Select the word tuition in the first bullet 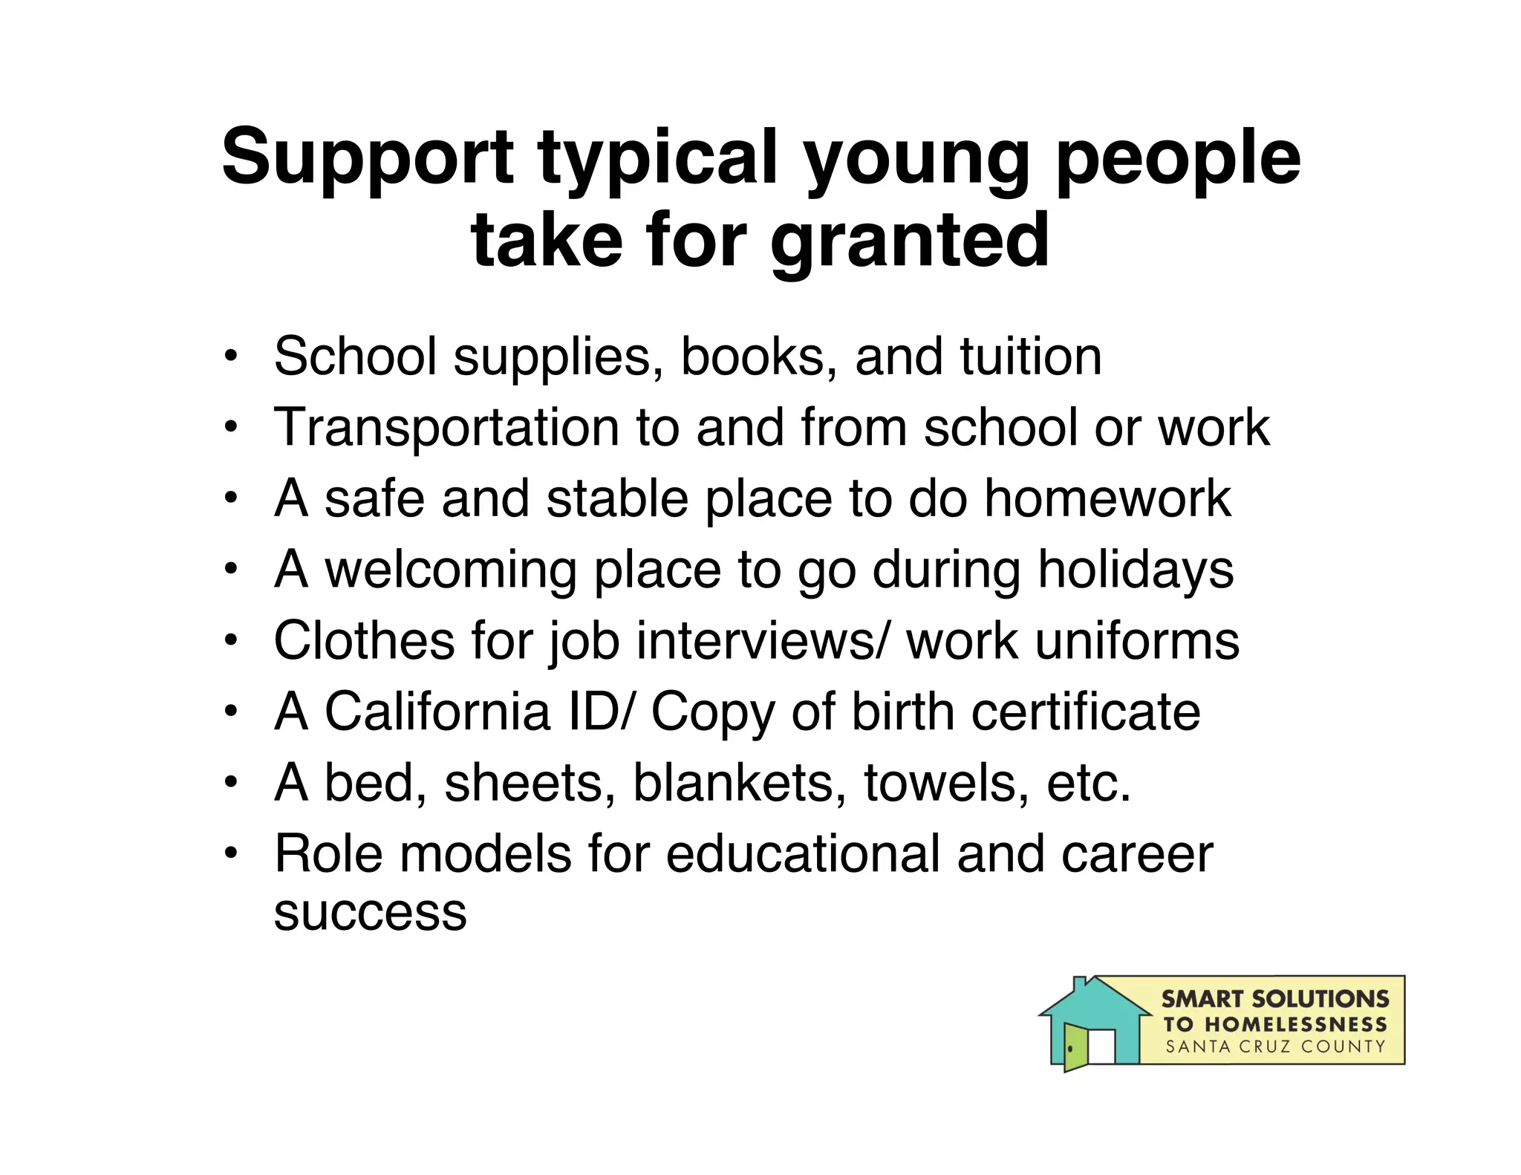[x=1030, y=357]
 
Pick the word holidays [x=1136, y=570]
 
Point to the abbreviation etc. [x=1089, y=783]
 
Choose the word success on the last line [x=370, y=912]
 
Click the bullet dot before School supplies [x=232, y=357]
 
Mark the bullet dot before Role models [x=232, y=853]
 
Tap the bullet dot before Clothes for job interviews [x=232, y=640]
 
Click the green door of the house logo [x=1075, y=1047]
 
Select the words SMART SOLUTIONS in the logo [x=1274, y=999]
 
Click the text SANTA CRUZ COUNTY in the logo [x=1274, y=1047]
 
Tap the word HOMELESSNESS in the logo [x=1295, y=1024]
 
